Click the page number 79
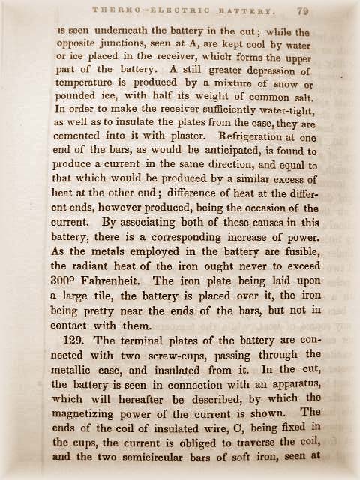coord(302,11)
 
